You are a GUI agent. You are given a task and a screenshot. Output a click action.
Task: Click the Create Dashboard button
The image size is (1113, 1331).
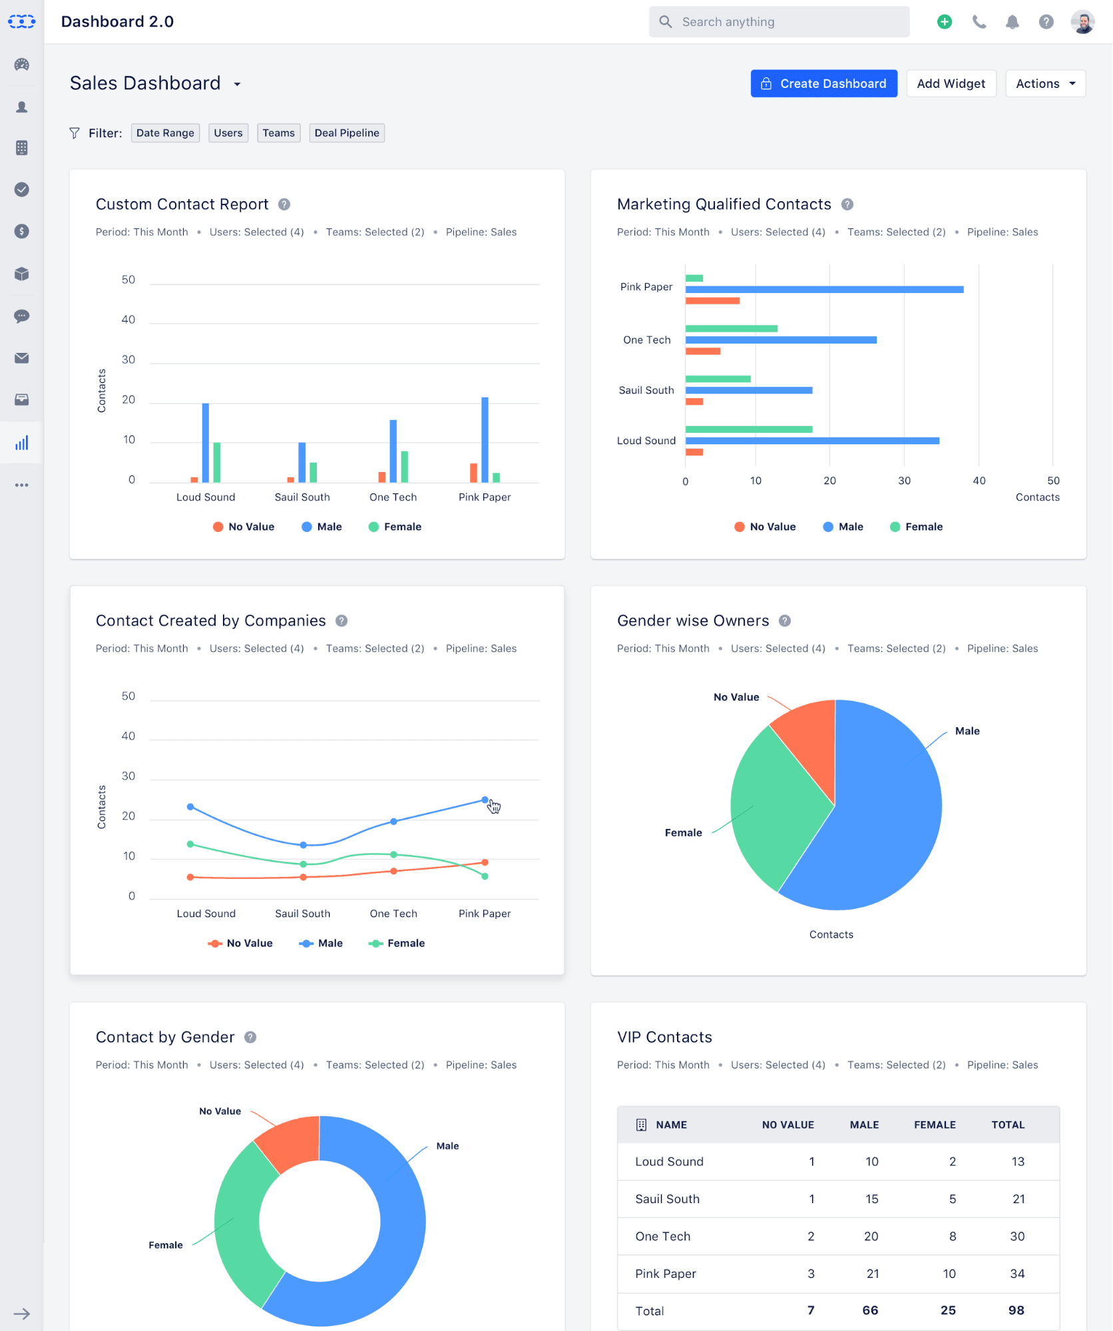click(x=823, y=83)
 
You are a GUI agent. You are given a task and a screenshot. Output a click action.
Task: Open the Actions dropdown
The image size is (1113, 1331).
click(x=1045, y=83)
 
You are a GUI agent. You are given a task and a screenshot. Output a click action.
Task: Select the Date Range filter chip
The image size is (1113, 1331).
click(x=165, y=133)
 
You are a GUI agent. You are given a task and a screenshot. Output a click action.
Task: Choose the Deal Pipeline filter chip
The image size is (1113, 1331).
click(x=346, y=133)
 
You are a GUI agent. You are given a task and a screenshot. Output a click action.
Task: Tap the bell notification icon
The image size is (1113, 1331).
click(x=1012, y=22)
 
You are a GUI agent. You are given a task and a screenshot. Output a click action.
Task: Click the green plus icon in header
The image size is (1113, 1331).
click(x=944, y=22)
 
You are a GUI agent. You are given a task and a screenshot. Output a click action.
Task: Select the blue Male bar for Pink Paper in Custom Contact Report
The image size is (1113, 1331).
click(x=485, y=439)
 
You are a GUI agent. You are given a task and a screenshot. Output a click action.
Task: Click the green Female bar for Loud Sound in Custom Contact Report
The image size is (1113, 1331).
click(x=217, y=462)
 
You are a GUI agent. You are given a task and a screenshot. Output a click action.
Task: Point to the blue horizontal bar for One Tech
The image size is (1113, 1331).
click(x=780, y=340)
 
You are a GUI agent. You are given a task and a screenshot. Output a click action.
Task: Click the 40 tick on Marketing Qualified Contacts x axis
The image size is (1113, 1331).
click(x=979, y=480)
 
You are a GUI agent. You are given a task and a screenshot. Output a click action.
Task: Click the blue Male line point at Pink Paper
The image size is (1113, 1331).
click(x=485, y=800)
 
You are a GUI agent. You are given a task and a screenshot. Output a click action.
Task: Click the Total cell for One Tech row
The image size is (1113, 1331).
click(x=1016, y=1236)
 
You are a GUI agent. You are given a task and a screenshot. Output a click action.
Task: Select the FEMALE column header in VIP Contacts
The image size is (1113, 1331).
click(x=934, y=1125)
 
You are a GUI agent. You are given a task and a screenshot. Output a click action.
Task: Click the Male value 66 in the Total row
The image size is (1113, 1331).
click(x=869, y=1310)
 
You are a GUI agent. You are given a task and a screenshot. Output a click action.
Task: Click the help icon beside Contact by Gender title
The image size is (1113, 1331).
click(x=250, y=1037)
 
